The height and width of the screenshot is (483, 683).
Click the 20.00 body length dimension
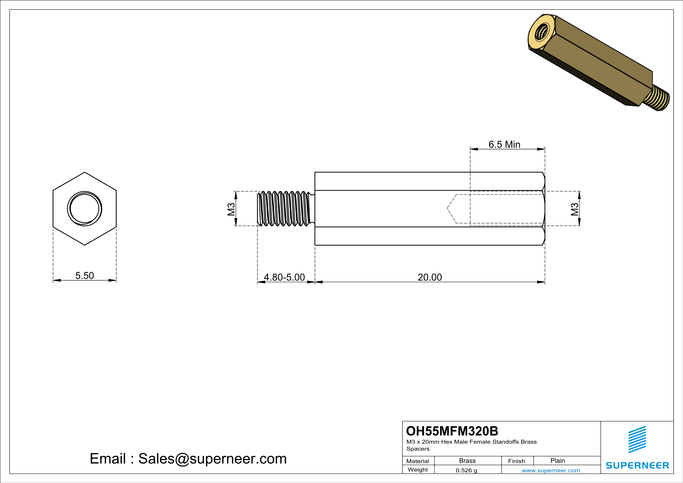click(x=430, y=277)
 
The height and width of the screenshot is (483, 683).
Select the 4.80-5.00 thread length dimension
click(x=284, y=277)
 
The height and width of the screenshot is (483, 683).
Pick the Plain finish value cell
click(x=557, y=461)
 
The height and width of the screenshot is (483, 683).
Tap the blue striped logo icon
click(x=637, y=439)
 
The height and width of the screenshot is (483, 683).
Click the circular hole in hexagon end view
click(x=85, y=208)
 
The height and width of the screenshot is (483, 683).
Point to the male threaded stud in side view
click(x=284, y=208)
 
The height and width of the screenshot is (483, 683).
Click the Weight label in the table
click(x=418, y=470)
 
